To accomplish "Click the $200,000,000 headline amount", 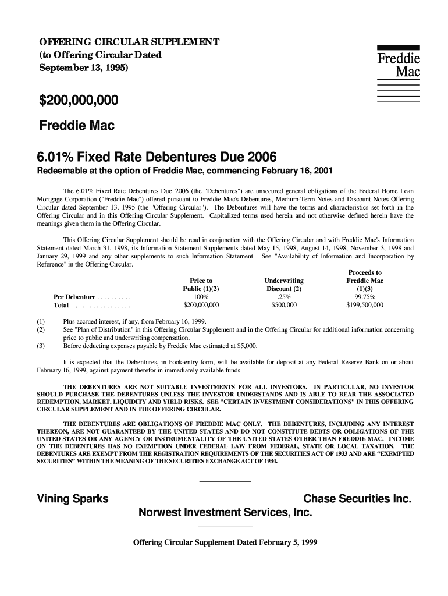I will click(x=78, y=101).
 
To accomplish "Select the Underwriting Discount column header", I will click(x=283, y=285).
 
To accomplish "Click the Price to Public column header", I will click(x=201, y=285).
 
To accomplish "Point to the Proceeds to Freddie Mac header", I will click(x=365, y=281).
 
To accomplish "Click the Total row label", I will click(x=61, y=304).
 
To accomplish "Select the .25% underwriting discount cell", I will click(x=283, y=296).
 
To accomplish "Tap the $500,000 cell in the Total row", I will click(x=283, y=304).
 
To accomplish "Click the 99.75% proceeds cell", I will click(x=365, y=296).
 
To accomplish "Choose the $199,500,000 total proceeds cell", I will click(x=365, y=304).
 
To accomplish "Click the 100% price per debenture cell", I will click(x=201, y=296).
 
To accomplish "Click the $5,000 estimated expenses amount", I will click(x=247, y=346).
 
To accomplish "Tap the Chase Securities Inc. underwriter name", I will click(x=358, y=499).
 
